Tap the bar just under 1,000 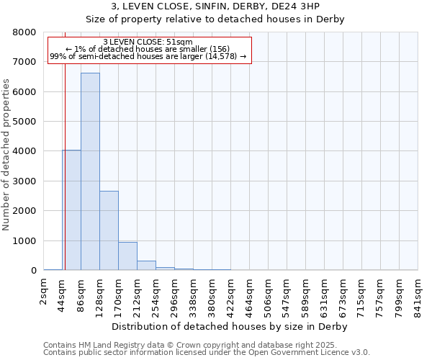click(127, 256)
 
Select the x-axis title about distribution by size click(230, 327)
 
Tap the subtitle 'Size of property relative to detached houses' click(216, 19)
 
